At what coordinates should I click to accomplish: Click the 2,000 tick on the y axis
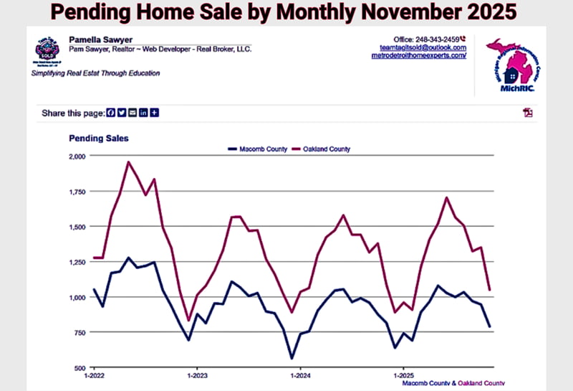[76, 156]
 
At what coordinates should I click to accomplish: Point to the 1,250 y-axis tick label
[76, 262]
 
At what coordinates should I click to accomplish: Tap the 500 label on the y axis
[80, 367]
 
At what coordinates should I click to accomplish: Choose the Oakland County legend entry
[326, 149]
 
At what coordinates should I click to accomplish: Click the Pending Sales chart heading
[99, 138]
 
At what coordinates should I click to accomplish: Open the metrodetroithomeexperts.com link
[419, 55]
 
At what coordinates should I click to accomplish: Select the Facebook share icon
[110, 113]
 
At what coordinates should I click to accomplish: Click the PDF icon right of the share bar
[529, 113]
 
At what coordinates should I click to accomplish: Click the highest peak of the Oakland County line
[128, 162]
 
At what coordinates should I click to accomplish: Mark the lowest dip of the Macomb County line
[292, 358]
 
